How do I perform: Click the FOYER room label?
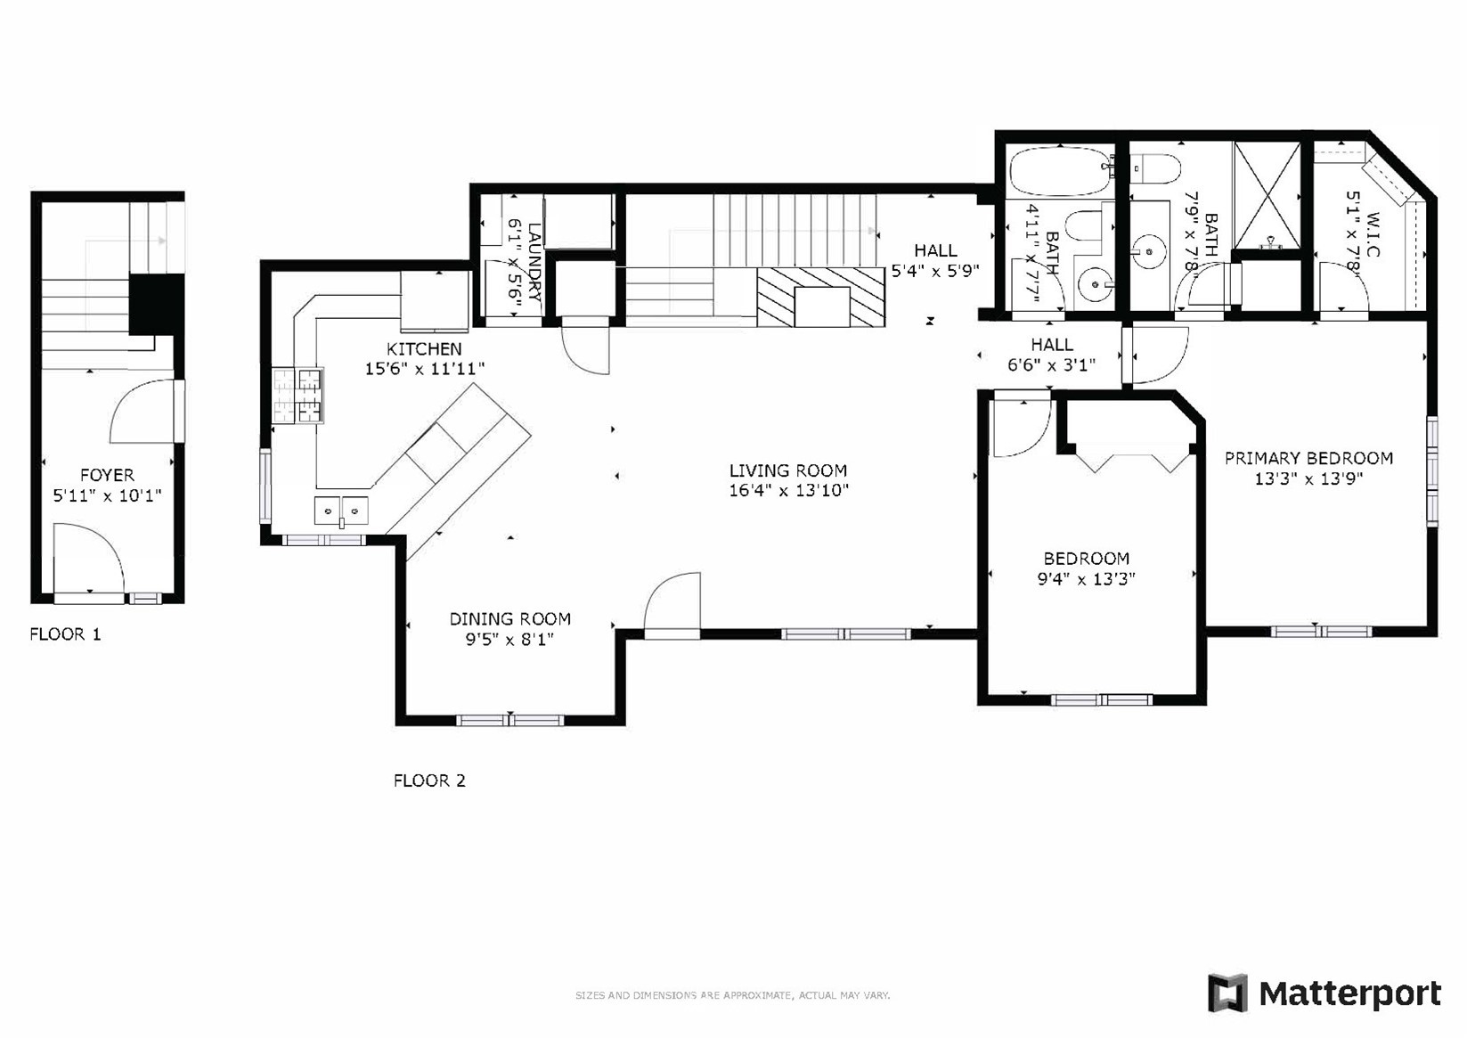point(107,476)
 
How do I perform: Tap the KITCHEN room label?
point(424,349)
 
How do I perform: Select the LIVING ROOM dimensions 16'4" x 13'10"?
point(788,490)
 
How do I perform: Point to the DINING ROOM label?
point(509,619)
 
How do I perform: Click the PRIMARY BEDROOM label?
point(1308,459)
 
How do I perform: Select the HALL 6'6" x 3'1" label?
point(1052,354)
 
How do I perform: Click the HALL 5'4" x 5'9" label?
point(935,260)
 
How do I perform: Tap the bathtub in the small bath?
point(1058,172)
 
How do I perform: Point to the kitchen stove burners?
point(297,395)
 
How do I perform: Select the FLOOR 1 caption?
point(65,634)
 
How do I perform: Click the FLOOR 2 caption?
point(429,781)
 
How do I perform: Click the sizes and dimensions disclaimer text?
point(732,995)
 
